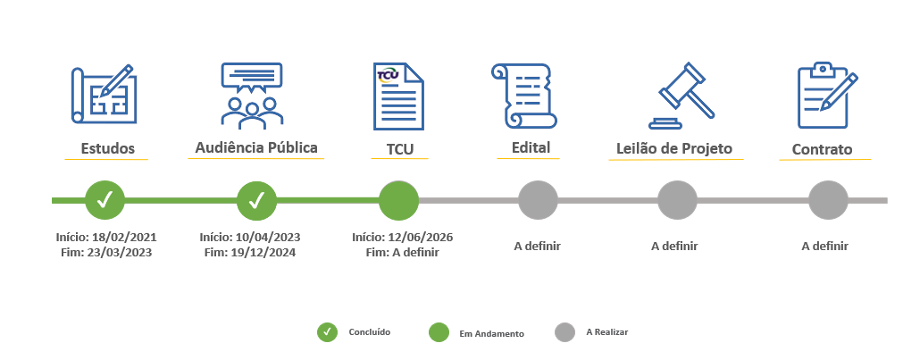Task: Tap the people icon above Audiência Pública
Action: [x=252, y=96]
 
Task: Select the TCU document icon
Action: [x=398, y=96]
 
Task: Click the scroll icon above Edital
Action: [x=524, y=96]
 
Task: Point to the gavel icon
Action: [x=681, y=96]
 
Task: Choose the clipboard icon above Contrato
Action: [x=828, y=96]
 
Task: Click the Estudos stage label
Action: [x=108, y=148]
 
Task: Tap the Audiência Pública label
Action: [x=256, y=147]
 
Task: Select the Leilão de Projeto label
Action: [x=674, y=148]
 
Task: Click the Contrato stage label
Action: [x=823, y=150]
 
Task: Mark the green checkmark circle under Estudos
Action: [x=105, y=200]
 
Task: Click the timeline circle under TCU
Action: [x=398, y=200]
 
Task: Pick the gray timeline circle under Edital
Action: [x=538, y=200]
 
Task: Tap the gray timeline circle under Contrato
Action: [x=828, y=200]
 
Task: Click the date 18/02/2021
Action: [x=124, y=238]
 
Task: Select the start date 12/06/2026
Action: [x=421, y=238]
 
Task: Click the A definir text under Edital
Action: [x=538, y=246]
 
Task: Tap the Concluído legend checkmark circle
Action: [x=327, y=332]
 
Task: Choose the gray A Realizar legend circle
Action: [x=565, y=332]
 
